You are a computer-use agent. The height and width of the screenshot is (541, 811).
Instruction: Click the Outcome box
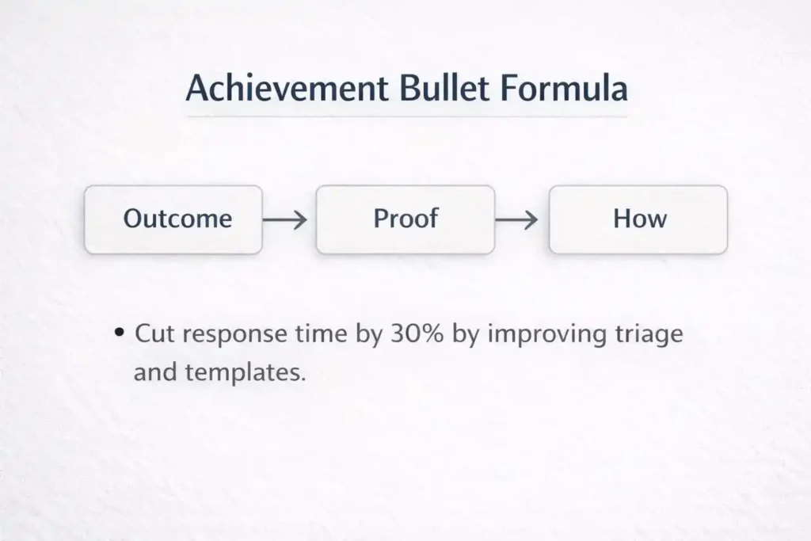[x=173, y=219]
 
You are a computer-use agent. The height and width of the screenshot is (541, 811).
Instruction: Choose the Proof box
[x=405, y=219]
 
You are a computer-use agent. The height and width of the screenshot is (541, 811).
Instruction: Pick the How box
[x=638, y=219]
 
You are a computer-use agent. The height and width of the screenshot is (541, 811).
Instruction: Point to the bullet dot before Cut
[x=120, y=334]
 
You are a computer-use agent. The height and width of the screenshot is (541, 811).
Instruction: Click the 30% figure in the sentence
[x=419, y=333]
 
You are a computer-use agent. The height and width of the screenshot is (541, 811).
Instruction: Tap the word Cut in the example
[x=153, y=333]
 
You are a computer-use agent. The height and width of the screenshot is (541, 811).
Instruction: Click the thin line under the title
[x=405, y=117]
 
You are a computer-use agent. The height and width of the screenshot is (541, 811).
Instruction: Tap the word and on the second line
[x=154, y=371]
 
